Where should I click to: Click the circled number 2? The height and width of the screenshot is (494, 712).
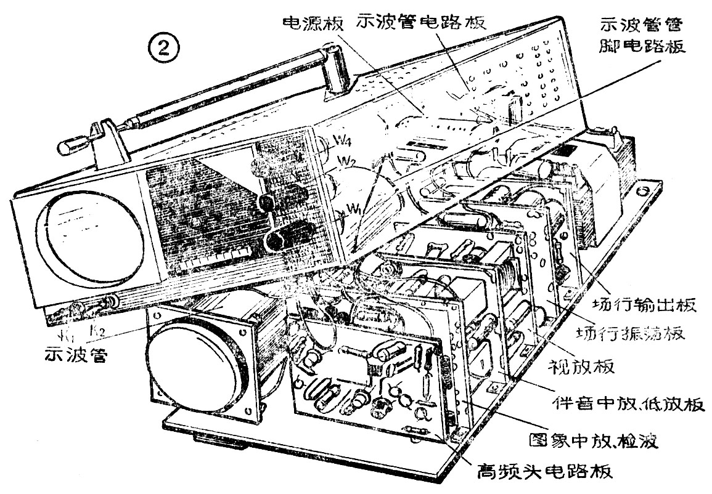click(x=165, y=47)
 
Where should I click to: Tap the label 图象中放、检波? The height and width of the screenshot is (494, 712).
click(x=595, y=441)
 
